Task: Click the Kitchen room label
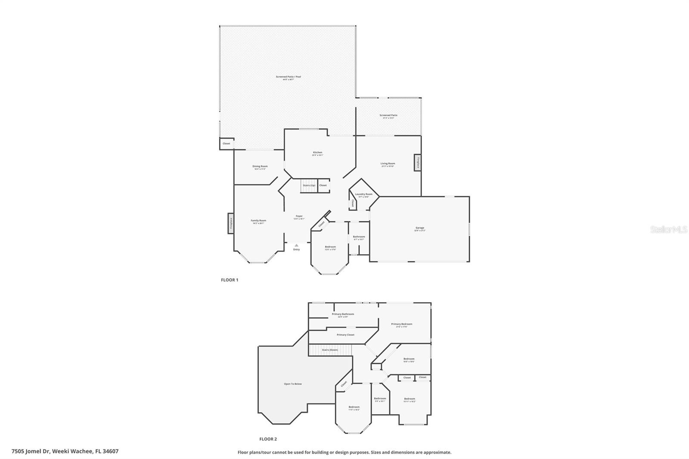coord(317,153)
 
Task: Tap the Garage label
coord(420,228)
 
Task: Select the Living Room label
coord(388,164)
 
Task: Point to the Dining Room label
coord(260,167)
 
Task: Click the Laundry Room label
coord(363,195)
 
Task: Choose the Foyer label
coord(299,217)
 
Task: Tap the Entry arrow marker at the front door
coord(296,245)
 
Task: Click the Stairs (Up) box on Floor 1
coord(309,186)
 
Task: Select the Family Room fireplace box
coord(231,223)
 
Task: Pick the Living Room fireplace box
coord(417,163)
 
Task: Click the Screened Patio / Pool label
coord(289,77)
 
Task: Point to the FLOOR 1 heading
coord(230,280)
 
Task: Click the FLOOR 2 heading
coord(268,439)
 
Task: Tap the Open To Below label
coord(293,384)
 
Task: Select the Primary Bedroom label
coord(401,324)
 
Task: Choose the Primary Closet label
coord(345,335)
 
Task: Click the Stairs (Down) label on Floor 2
coord(330,350)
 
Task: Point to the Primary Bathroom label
coord(343,314)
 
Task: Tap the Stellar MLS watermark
coord(668,230)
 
